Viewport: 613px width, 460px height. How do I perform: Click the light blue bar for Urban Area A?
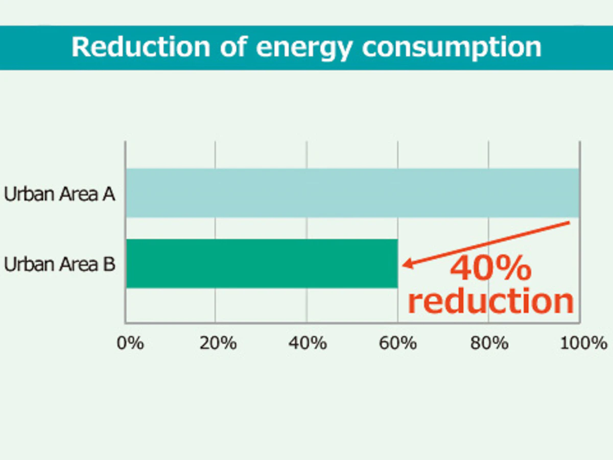tap(352, 193)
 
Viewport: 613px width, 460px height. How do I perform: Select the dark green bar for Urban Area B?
tap(262, 263)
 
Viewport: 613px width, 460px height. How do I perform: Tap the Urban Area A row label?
tap(59, 194)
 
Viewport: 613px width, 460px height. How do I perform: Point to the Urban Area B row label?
tap(59, 265)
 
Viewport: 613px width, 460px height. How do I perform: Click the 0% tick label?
tap(130, 343)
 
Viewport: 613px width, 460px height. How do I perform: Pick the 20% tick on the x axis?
tap(218, 343)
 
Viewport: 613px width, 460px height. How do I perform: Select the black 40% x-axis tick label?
tap(308, 343)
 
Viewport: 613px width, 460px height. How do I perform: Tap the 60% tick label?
tap(398, 343)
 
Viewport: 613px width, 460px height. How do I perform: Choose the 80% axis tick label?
tap(489, 343)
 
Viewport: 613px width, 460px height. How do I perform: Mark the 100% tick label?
tap(584, 343)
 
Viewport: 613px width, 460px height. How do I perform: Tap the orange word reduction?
tap(490, 302)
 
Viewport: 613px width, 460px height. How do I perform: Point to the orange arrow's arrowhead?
tap(405, 264)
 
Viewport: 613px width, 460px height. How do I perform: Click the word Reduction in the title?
tap(140, 47)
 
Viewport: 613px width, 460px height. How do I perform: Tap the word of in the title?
tap(232, 47)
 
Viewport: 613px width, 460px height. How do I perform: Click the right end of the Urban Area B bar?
tap(396, 263)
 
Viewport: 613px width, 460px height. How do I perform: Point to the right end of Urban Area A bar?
tap(577, 193)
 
